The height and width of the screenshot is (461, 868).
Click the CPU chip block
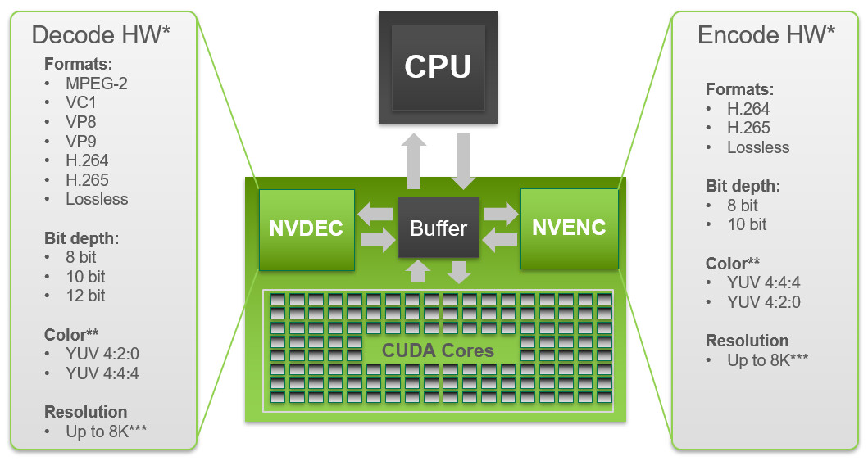click(438, 66)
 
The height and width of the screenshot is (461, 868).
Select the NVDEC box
click(306, 228)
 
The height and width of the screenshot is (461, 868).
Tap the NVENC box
click(569, 228)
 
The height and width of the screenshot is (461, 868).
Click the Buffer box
click(439, 228)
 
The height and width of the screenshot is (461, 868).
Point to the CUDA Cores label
click(438, 351)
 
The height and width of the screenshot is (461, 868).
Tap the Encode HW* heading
click(766, 34)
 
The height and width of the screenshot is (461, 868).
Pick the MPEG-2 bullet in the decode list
click(97, 83)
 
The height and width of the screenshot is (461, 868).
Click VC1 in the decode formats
click(81, 102)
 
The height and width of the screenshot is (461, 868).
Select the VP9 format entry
click(81, 141)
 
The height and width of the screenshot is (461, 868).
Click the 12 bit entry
click(86, 296)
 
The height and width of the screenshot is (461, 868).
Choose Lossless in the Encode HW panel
click(758, 147)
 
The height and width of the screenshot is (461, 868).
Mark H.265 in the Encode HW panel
click(748, 128)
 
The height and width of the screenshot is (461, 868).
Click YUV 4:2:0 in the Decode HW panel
click(106, 354)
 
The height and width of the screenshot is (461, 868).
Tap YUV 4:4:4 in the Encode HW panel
click(763, 282)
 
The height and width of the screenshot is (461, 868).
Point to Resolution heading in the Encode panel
click(747, 341)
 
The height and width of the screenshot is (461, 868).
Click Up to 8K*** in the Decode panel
click(107, 431)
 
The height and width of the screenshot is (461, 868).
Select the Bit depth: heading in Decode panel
click(82, 238)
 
